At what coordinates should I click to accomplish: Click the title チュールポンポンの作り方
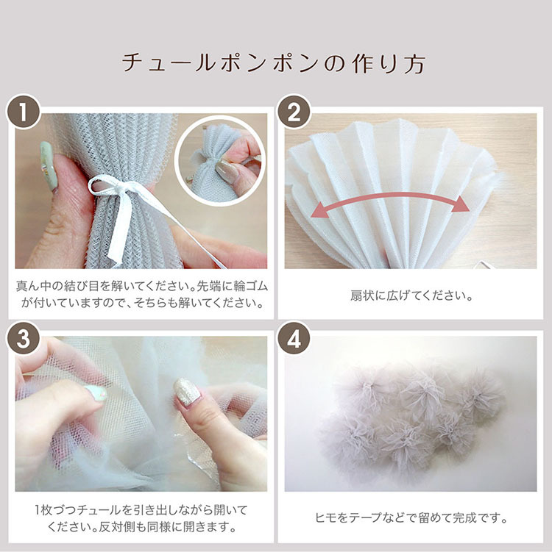pyautogui.click(x=274, y=63)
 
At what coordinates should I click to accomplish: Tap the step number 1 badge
pyautogui.click(x=24, y=112)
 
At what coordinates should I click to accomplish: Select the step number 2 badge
pyautogui.click(x=294, y=112)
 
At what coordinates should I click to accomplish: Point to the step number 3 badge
pyautogui.click(x=24, y=338)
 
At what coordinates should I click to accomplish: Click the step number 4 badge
pyautogui.click(x=294, y=338)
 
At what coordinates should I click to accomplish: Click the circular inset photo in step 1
pyautogui.click(x=220, y=160)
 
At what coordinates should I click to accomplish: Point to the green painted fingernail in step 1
pyautogui.click(x=49, y=166)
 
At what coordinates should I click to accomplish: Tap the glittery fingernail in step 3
pyautogui.click(x=186, y=393)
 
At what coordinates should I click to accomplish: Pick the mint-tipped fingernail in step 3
pyautogui.click(x=96, y=393)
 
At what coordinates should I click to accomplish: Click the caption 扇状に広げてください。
pyautogui.click(x=411, y=295)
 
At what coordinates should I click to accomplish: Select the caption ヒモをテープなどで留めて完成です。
pyautogui.click(x=411, y=518)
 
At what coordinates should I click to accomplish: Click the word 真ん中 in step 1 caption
pyautogui.click(x=34, y=287)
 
